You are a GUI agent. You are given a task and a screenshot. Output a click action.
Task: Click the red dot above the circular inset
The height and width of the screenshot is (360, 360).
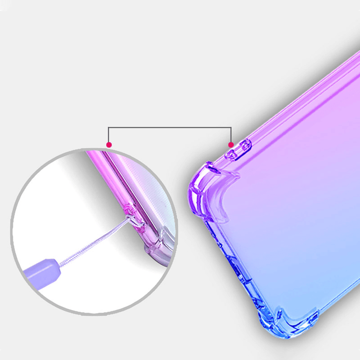tap(108, 144)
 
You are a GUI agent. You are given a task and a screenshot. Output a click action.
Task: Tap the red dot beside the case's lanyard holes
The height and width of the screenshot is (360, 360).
tap(231, 144)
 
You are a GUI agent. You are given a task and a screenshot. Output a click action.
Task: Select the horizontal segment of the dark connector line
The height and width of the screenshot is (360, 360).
tap(170, 128)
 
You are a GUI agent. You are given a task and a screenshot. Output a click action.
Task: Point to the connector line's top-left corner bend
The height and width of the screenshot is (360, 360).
tap(108, 128)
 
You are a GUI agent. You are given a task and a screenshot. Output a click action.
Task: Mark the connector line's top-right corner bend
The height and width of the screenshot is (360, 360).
tap(231, 128)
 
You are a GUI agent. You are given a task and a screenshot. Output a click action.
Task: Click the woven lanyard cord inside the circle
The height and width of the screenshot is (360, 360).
tap(90, 243)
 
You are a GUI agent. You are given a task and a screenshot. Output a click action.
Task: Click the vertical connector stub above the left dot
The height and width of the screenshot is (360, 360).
tap(108, 135)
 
